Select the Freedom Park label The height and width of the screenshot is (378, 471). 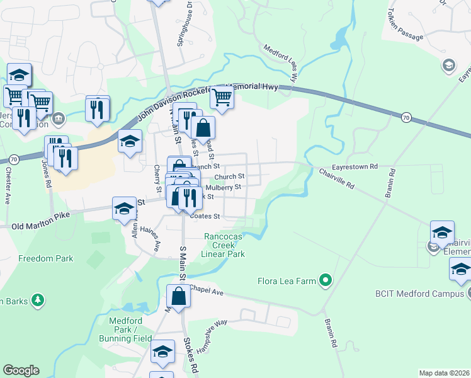point(45,258)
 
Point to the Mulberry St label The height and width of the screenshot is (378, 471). point(224,187)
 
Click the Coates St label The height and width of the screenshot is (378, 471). point(205,215)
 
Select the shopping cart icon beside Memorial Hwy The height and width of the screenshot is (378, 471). point(222,98)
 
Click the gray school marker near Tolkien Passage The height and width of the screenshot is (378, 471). point(448,65)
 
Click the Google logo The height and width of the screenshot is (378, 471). point(21,370)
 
